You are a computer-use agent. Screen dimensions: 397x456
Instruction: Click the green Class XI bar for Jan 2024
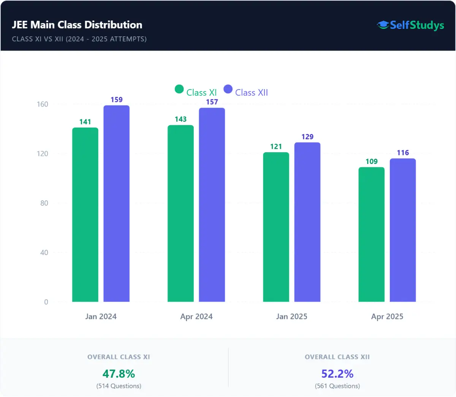pos(85,215)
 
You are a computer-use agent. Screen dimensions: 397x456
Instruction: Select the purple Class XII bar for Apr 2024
pos(212,205)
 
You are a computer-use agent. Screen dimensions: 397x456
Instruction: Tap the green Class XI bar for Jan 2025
pos(276,227)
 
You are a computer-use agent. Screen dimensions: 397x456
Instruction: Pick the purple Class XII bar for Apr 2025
pos(402,230)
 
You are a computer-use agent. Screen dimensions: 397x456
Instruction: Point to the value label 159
pos(117,100)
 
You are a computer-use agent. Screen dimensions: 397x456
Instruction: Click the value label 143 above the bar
pos(180,119)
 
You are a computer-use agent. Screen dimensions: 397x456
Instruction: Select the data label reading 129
pos(307,137)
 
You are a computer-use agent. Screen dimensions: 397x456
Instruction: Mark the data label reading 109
pos(371,162)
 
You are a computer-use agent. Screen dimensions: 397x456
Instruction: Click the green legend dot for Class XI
pos(179,89)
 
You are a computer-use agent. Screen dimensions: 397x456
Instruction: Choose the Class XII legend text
pos(251,93)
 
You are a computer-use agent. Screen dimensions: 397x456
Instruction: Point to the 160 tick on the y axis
pos(43,104)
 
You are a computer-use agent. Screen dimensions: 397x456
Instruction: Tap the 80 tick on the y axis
pos(44,203)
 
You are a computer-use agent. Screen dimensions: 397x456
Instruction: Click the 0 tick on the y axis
pos(46,302)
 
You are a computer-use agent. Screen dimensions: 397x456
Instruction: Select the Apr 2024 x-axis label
pos(196,317)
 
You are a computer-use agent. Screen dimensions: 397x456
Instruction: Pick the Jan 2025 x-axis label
pos(291,317)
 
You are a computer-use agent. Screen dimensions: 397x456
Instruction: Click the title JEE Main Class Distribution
pos(77,25)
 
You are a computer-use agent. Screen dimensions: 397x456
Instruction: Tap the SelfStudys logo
pos(410,25)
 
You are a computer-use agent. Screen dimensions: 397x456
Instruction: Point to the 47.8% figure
pos(119,374)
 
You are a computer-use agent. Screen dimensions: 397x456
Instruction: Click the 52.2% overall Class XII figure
pos(337,374)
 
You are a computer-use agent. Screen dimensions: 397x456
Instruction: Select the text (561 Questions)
pos(337,386)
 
